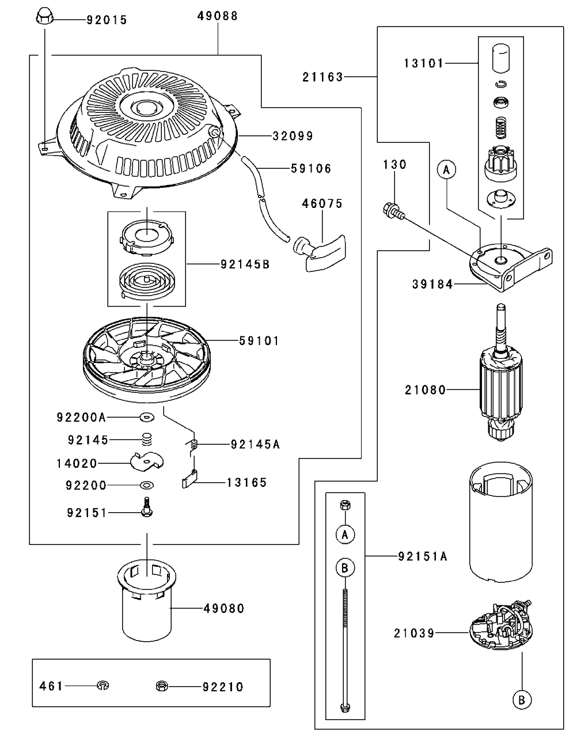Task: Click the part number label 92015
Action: tap(107, 20)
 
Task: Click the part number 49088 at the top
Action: tap(218, 16)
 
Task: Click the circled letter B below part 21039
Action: tap(522, 700)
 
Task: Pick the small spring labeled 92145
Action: tap(146, 440)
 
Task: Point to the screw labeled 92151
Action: tap(146, 507)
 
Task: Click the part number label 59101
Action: tap(259, 341)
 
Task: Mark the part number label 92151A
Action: tap(422, 556)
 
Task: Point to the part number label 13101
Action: tap(423, 63)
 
